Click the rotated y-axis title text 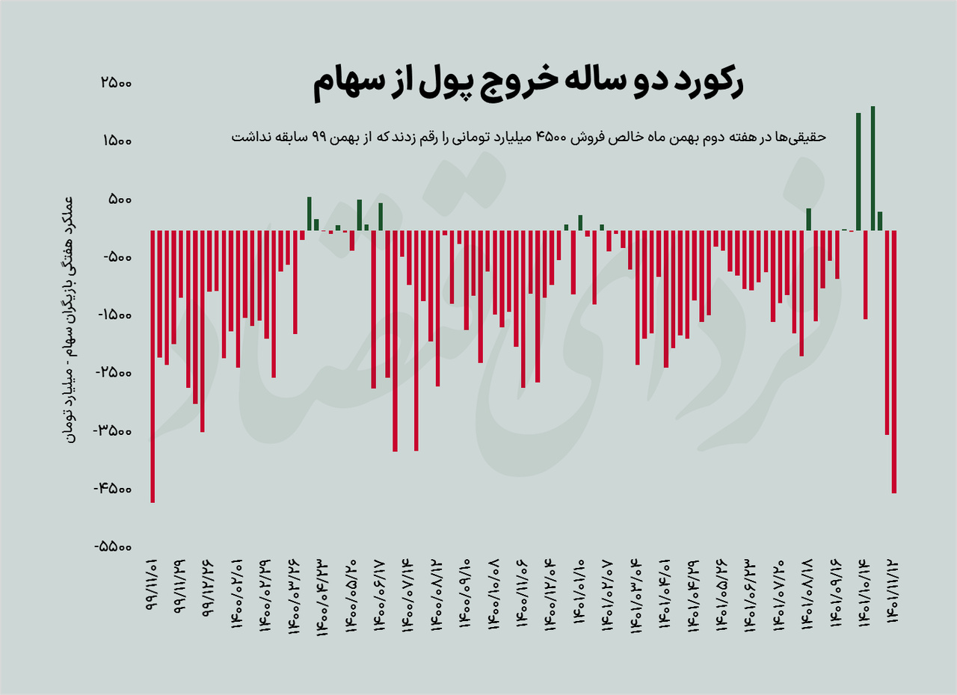(x=67, y=318)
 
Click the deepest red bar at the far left (x=153, y=366)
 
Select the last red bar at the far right (x=894, y=362)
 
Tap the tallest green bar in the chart (x=873, y=168)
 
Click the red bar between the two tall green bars (x=866, y=274)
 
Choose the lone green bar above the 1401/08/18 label (x=809, y=219)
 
